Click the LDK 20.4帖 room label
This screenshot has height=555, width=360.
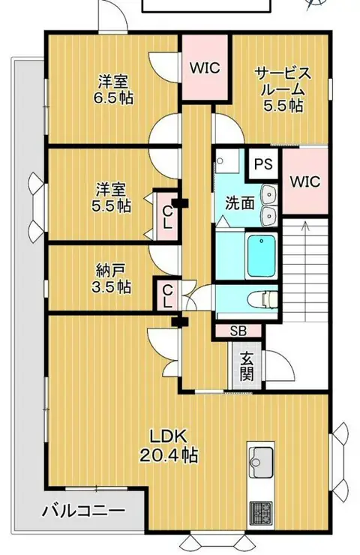point(169,445)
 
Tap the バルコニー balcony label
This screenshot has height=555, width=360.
point(83,511)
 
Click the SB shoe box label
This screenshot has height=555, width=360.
point(238,331)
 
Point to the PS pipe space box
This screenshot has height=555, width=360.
point(264,164)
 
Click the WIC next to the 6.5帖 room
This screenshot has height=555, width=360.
point(205,67)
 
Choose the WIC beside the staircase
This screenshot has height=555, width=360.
point(305,181)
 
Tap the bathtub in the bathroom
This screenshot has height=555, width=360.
point(262,256)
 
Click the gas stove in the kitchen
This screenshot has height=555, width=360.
point(261,514)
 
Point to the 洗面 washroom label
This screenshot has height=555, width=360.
point(240,203)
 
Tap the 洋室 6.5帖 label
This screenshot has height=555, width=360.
point(113,90)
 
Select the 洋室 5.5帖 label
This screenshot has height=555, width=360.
point(111,198)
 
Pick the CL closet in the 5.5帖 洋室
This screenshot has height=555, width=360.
point(167,217)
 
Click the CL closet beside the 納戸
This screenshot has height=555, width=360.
point(167,295)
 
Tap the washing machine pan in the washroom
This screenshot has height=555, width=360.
point(226,160)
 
